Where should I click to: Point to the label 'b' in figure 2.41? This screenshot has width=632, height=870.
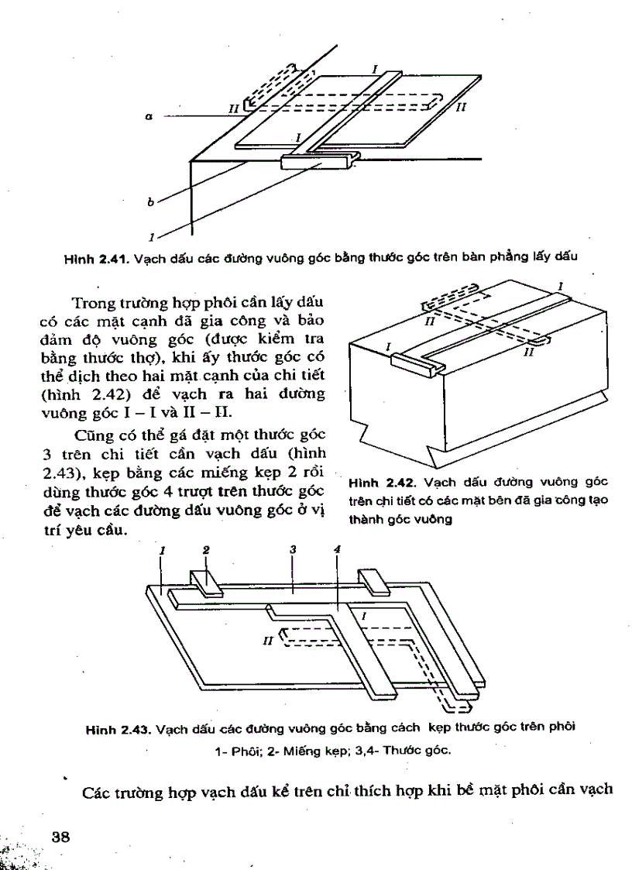[x=149, y=202]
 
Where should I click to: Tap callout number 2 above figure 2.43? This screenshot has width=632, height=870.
[x=206, y=550]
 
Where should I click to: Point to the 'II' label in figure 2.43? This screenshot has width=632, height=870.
[x=269, y=641]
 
